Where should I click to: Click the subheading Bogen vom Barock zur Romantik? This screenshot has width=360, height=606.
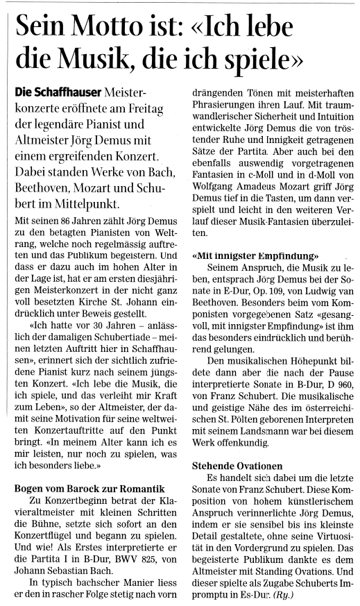tap(88, 488)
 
